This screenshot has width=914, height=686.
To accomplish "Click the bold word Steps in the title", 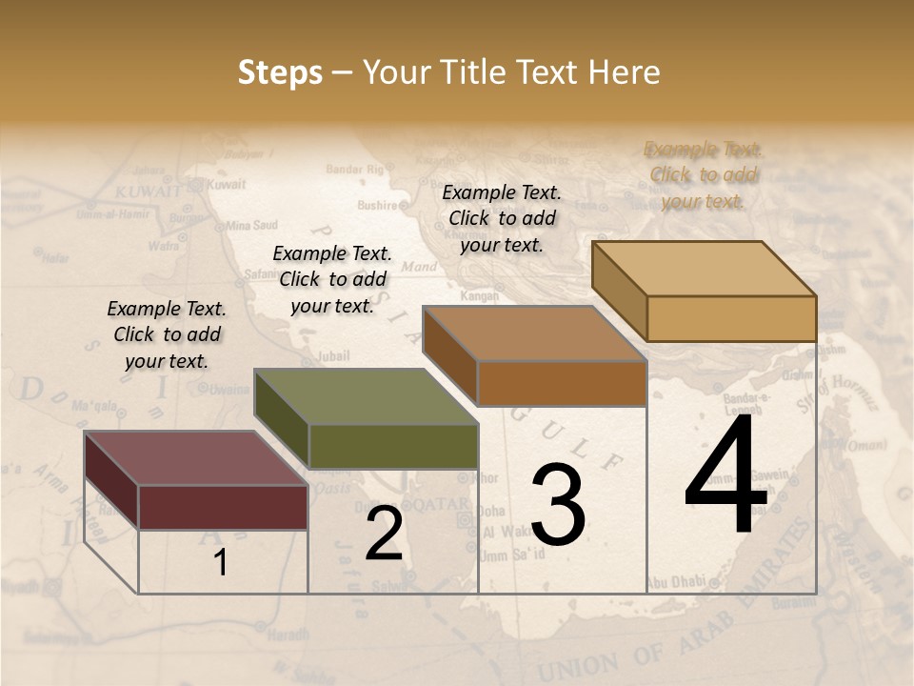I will pos(280,72).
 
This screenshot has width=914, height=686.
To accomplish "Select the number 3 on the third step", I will pos(558,505).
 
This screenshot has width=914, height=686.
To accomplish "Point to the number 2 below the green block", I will pos(384,535).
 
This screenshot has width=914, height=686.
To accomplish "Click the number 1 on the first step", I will pos(221,563).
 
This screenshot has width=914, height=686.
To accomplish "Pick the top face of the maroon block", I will pos(194,458).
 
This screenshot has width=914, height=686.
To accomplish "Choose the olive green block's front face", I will pos(393,446).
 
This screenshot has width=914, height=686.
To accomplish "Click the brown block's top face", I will pos(534,334).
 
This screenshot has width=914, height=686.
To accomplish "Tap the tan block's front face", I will pos(731,318).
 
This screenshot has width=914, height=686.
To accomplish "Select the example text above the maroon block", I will pos(167,334).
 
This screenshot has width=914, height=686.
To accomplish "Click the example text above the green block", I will pos(332,279).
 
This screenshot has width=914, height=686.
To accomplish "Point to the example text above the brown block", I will pos(502,218).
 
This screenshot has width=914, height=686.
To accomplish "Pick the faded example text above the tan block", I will pos(703,174).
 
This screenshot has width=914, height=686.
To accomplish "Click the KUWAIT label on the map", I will pos(147,192).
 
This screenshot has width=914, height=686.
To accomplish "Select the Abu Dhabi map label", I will pos(677,581).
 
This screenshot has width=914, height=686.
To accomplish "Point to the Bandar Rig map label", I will pos(353,169).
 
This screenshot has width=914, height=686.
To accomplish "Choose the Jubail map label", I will pos(332,356).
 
